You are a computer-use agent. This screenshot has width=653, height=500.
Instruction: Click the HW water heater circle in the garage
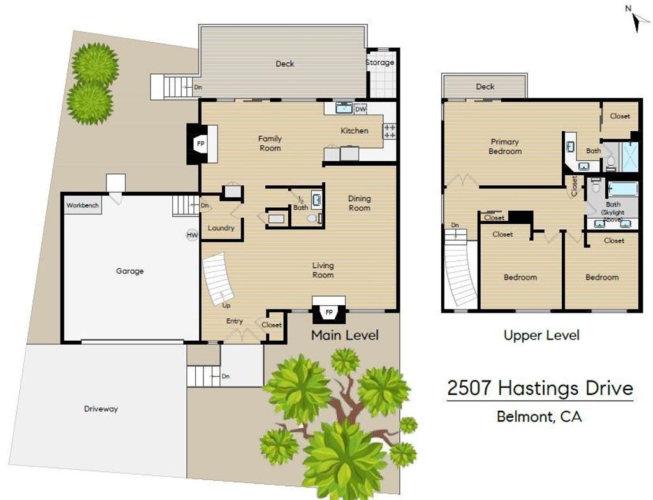[192, 235]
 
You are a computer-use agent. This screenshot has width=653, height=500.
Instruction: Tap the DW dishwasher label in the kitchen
[361, 110]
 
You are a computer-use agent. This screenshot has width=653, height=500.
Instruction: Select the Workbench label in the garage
[82, 205]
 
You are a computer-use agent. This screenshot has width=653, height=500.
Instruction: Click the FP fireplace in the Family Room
[201, 144]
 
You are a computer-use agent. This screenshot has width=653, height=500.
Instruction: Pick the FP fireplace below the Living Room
[329, 311]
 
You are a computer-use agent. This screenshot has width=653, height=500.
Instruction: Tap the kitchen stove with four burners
[390, 131]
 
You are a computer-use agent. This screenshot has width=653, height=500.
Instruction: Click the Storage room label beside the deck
[380, 62]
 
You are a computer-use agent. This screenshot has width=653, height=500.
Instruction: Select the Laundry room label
[221, 228]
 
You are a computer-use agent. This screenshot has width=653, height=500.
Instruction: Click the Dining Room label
[360, 203]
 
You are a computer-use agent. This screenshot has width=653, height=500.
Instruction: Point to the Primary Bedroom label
[505, 146]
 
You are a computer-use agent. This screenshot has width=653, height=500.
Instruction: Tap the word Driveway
[101, 409]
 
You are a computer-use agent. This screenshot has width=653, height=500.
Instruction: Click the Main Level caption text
[345, 335]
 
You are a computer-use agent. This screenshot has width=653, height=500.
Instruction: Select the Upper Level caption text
[541, 335]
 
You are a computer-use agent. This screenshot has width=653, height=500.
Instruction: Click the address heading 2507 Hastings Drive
[540, 389]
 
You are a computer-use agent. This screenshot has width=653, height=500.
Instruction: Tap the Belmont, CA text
[539, 417]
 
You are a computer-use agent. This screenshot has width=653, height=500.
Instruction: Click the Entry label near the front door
[235, 321]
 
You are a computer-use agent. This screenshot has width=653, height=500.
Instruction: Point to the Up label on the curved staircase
[226, 306]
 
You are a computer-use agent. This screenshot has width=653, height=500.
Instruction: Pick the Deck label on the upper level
[485, 87]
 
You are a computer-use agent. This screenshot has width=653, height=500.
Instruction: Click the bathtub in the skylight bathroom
[622, 189]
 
